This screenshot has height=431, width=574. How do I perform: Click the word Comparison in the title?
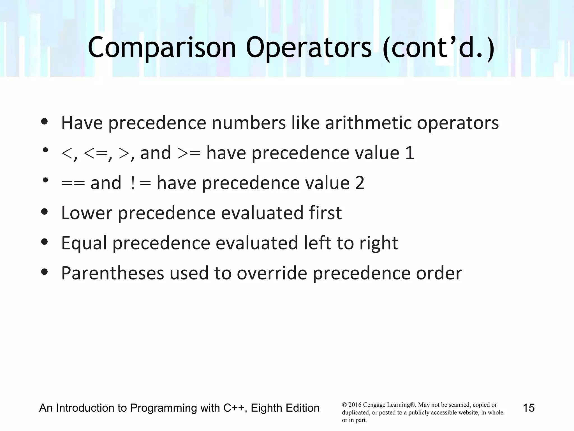(x=162, y=48)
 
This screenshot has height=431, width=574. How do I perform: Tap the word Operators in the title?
(x=309, y=48)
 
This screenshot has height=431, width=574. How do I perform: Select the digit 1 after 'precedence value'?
(x=410, y=153)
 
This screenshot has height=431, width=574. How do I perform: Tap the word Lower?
(x=87, y=213)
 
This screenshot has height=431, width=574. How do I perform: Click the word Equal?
(x=84, y=243)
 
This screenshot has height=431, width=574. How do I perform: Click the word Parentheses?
(x=112, y=273)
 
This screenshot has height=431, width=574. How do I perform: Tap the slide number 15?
(x=529, y=408)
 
